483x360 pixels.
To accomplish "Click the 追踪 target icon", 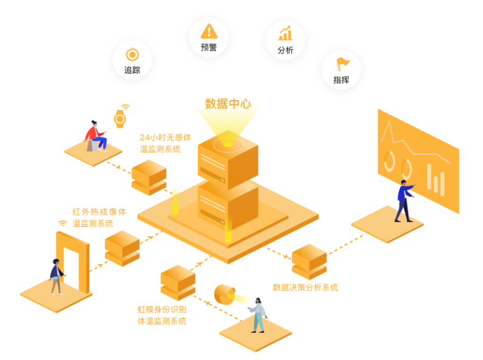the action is [x=132, y=55].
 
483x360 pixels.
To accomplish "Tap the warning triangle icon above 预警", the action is [x=209, y=30].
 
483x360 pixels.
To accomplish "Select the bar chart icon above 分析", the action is [x=285, y=33].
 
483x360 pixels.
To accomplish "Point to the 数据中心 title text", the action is [x=228, y=104].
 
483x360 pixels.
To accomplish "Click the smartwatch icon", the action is [x=120, y=117].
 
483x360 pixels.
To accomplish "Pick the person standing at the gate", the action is [x=56, y=277].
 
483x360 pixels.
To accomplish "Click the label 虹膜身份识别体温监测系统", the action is [x=162, y=315].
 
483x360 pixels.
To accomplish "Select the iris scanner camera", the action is [x=225, y=295].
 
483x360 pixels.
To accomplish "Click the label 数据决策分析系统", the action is [x=305, y=287].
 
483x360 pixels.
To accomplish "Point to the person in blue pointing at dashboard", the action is [x=404, y=200].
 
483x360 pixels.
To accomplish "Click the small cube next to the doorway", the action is [x=122, y=248].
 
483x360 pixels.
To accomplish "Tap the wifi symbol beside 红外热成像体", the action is [x=62, y=223].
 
